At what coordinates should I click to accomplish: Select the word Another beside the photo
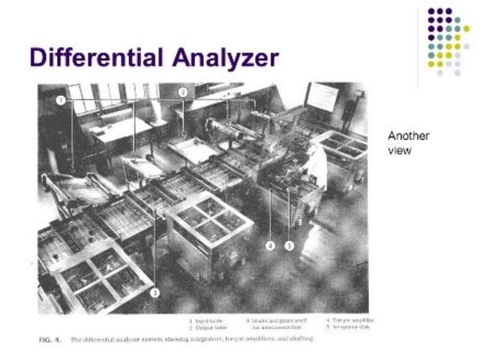(408, 136)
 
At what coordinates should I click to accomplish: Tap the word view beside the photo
(397, 150)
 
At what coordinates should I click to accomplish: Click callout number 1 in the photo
(60, 100)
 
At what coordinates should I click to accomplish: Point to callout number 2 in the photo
(182, 92)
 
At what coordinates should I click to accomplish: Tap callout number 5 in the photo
(289, 244)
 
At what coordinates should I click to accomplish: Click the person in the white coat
(316, 161)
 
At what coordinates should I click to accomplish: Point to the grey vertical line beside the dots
(418, 45)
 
